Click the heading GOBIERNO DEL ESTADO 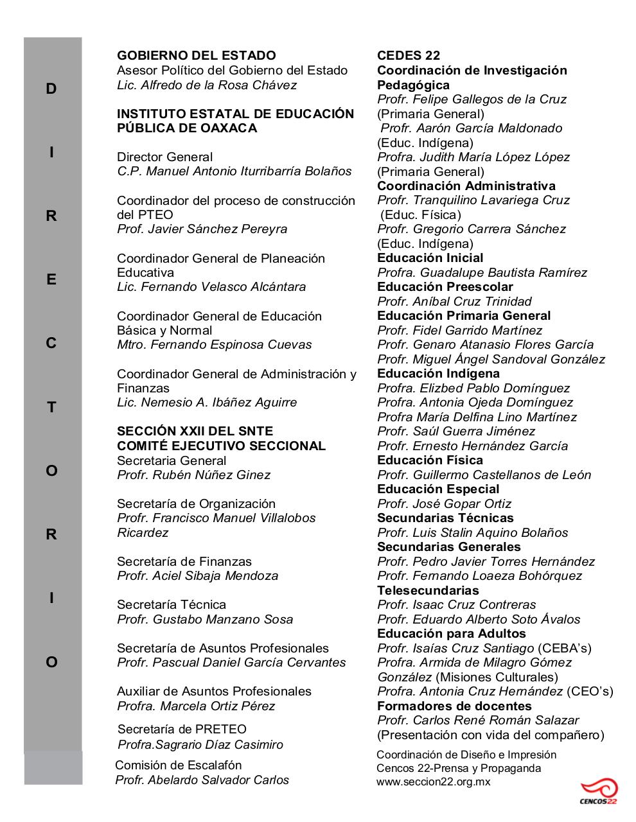pyautogui.click(x=196, y=55)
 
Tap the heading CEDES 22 pyautogui.click(x=409, y=55)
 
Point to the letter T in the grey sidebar pyautogui.click(x=51, y=407)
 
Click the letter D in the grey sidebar pyautogui.click(x=51, y=89)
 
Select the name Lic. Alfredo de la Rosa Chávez pyautogui.click(x=207, y=85)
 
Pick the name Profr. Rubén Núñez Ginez pyautogui.click(x=193, y=475)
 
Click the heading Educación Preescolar pyautogui.click(x=445, y=286)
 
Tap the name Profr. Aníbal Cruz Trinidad pyautogui.click(x=454, y=301)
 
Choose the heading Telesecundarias pyautogui.click(x=428, y=590)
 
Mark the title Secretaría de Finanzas pyautogui.click(x=184, y=561)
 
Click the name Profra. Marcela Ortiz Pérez pyautogui.click(x=196, y=706)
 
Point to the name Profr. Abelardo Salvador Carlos pyautogui.click(x=202, y=780)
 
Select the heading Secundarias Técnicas pyautogui.click(x=445, y=518)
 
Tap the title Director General pyautogui.click(x=164, y=157)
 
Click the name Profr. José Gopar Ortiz pyautogui.click(x=444, y=503)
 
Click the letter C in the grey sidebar pyautogui.click(x=51, y=344)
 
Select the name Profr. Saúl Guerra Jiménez pyautogui.click(x=456, y=431)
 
